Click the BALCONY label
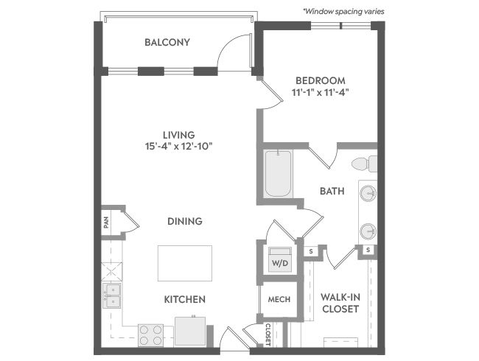coord(167,42)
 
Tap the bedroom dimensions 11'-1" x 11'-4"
coord(320,92)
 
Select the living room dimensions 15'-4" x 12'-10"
coord(179,147)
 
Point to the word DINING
coord(185,221)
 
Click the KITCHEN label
coord(185,299)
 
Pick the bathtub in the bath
coord(278,173)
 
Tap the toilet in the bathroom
coord(365,164)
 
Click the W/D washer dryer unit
coord(280,259)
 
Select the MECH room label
coord(279,299)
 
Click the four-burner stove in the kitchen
coord(150,335)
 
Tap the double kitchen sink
coord(112,295)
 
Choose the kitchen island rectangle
coord(185,263)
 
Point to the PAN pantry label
coord(106,222)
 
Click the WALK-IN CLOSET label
coord(340,303)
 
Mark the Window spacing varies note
coord(343,12)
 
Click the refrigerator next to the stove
coord(190,332)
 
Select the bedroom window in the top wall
coord(341,26)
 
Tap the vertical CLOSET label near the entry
coord(268,334)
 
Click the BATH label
coord(332,192)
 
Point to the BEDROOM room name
coord(321,80)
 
